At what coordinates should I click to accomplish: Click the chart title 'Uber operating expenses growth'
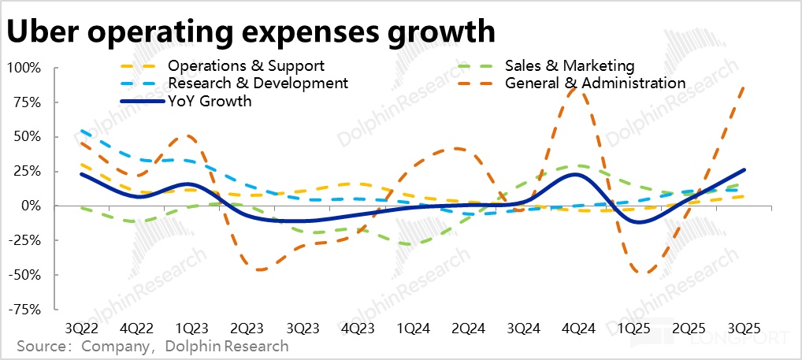pyautogui.click(x=251, y=32)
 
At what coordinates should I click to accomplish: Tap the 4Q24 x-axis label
pyautogui.click(x=581, y=328)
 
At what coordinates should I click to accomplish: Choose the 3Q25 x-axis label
pyautogui.click(x=744, y=328)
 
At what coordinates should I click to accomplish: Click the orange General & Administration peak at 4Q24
pyautogui.click(x=578, y=90)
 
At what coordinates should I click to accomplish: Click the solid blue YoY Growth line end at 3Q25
pyautogui.click(x=744, y=169)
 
